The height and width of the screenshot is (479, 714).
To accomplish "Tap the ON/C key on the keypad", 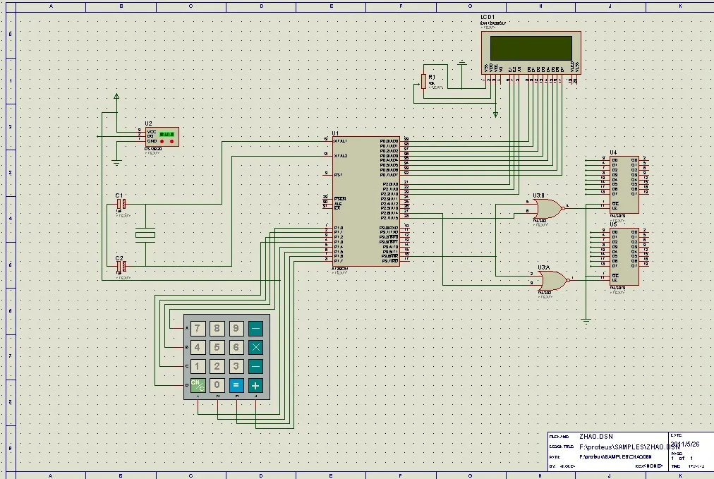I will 198,386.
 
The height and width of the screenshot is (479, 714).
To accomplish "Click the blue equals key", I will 236,386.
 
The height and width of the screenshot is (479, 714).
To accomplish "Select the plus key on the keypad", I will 255,386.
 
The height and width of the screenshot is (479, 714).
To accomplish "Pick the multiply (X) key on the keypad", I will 255,347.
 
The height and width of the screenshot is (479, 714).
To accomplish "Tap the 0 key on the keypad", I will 217,386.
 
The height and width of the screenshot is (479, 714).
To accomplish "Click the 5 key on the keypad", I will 217,347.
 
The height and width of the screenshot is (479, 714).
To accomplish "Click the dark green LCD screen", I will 531,47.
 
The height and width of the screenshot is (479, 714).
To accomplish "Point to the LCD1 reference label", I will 488,16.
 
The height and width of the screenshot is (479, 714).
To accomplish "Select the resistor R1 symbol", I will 423,81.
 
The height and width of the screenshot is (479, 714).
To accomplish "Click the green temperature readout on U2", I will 167,133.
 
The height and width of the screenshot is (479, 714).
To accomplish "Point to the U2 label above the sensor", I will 148,123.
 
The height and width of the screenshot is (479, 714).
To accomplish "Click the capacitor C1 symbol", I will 121,205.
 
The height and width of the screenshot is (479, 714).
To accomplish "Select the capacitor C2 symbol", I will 121,266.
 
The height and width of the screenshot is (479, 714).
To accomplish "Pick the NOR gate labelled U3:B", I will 546,207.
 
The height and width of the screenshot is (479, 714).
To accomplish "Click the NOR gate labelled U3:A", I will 551,280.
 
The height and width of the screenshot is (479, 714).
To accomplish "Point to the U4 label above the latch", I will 613,152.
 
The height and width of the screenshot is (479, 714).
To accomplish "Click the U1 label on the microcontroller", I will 335,133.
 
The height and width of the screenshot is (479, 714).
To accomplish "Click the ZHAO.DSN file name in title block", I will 596,437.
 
